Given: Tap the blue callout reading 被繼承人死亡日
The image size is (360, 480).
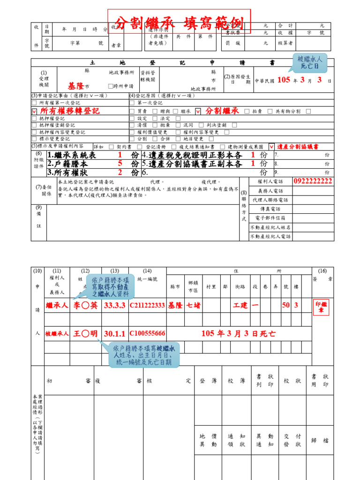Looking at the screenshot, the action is coord(310,62).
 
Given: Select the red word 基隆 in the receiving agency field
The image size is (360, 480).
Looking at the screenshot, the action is coord(75,86).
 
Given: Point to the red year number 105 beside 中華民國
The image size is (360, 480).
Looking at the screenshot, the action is coord(284,80).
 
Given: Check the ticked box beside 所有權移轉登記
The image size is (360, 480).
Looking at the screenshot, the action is coord(34,112).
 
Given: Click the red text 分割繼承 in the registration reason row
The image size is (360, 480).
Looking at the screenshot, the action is coord(222,111).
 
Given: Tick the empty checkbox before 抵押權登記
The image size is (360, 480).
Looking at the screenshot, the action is coord(34,119).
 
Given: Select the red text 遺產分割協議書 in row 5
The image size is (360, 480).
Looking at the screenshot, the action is coord(297,147).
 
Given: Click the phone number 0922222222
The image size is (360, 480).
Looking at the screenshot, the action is coord(313,181).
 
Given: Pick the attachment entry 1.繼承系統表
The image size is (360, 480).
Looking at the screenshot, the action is coord(71,155).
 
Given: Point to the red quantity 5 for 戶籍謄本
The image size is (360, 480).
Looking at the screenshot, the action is coord(120,164).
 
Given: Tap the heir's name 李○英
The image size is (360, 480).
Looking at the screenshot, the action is coord(85,305).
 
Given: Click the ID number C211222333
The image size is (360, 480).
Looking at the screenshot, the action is coord(147,305).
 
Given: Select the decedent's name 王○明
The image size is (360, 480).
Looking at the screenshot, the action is coord(85,334).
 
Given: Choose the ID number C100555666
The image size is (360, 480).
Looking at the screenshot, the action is coord(147,334).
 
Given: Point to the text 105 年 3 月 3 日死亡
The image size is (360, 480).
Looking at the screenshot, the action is coord(238,334).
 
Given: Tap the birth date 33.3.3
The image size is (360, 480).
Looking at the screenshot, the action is coord(114,305).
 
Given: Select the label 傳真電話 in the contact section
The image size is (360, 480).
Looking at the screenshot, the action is coord(270,209).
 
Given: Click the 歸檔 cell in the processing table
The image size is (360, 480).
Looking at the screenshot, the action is coord(322,440).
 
